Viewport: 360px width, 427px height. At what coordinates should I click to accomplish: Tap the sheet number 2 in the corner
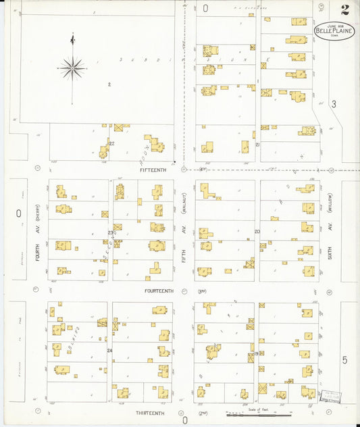point(344,9)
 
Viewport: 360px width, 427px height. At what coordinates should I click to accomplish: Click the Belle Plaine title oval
point(334,30)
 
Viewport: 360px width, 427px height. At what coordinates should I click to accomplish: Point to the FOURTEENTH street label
point(159,291)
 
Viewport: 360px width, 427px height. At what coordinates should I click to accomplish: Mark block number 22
point(111,144)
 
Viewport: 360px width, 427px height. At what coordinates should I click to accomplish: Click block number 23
point(109,233)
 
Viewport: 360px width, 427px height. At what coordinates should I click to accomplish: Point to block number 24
point(109,351)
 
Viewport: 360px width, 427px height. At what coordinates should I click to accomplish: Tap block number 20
point(257,232)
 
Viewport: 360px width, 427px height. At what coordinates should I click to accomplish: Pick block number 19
point(257,353)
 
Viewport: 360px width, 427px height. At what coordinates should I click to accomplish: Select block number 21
point(257,145)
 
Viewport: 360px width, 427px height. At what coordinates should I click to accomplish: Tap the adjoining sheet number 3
point(333,104)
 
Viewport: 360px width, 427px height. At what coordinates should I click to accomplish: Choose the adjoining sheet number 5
point(344,359)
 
